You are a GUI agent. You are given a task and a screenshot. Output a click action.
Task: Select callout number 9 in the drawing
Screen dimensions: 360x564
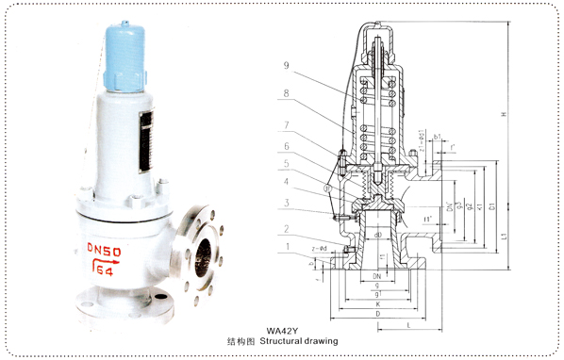point(286,66)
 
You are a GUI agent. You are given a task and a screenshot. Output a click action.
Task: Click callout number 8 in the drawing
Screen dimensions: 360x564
point(286,94)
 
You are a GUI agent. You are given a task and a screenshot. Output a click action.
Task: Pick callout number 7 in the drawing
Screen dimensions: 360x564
point(286,125)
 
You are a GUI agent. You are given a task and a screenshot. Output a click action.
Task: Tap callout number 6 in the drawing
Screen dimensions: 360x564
point(286,146)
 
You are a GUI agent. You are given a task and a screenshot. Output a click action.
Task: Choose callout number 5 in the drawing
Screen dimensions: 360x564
point(286,164)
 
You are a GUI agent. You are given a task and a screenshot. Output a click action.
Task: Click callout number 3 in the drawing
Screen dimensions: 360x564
point(286,203)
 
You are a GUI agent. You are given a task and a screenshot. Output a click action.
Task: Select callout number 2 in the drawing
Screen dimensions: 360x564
point(286,229)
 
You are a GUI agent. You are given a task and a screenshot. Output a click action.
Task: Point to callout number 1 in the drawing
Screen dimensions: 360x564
point(286,247)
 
